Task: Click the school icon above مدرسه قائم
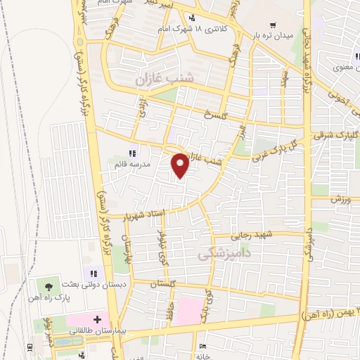(131, 153)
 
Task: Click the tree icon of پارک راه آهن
(48, 287)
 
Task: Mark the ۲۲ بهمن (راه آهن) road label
(330, 312)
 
